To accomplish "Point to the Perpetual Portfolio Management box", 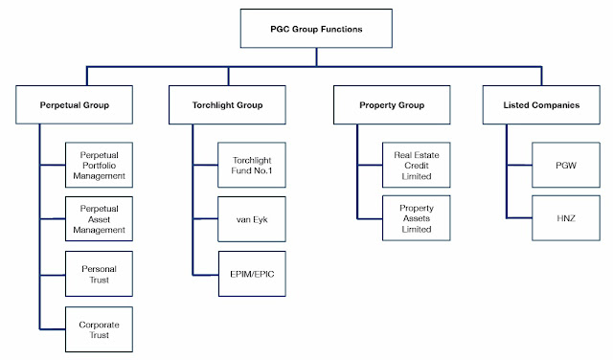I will point(105,162).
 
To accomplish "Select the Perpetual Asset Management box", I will point(105,217).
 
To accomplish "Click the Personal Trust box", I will point(105,274).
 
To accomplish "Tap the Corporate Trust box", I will point(105,329).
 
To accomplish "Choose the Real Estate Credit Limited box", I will point(416,162).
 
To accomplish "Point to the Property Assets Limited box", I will point(416,217).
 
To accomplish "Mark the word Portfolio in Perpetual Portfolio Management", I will point(105,162).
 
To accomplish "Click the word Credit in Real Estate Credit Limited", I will point(416,162).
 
